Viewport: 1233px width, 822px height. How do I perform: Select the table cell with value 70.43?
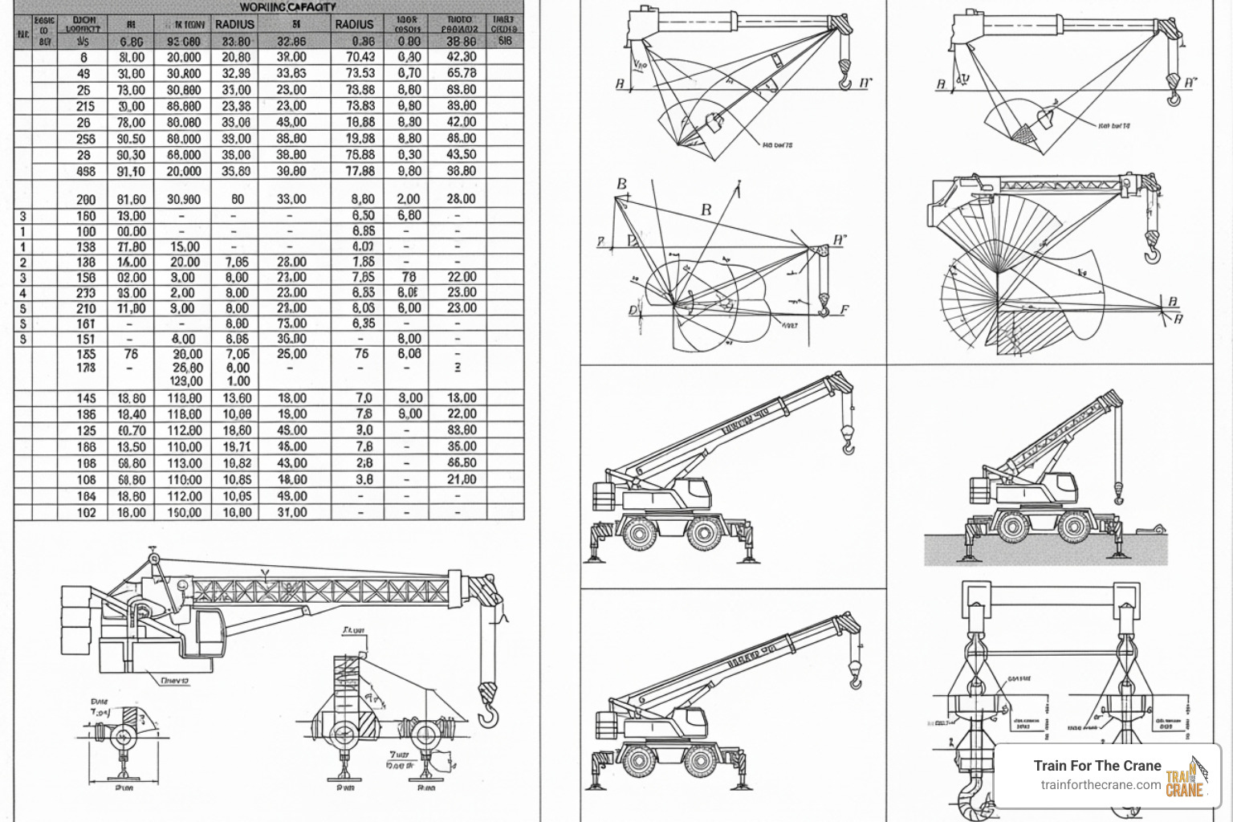(360, 57)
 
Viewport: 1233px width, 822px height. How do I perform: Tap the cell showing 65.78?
(461, 73)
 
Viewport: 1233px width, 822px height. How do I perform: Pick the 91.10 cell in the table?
(131, 171)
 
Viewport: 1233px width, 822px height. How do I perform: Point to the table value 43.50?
(461, 154)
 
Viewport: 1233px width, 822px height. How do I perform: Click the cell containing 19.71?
(236, 446)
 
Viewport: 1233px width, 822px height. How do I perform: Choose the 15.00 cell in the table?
(185, 246)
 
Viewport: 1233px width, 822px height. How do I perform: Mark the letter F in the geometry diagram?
(844, 310)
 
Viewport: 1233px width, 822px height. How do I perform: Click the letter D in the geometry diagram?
(633, 311)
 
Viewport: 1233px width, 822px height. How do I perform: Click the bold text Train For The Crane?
(1097, 766)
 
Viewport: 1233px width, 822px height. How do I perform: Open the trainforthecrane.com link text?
(1101, 785)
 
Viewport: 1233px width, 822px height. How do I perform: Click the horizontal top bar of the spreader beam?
(1048, 596)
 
